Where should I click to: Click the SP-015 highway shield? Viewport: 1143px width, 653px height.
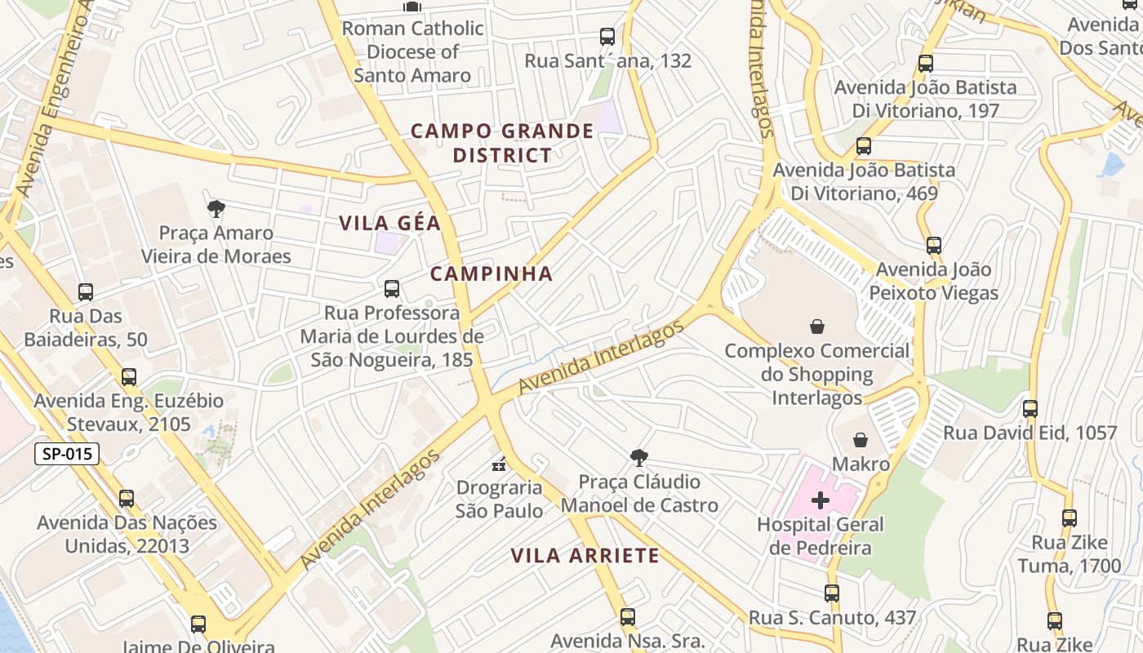[x=67, y=454]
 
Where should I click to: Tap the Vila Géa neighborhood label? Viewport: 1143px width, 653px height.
[x=389, y=223]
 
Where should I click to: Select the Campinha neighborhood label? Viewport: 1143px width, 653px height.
[x=491, y=273]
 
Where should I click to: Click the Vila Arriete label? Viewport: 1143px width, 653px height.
[x=585, y=556]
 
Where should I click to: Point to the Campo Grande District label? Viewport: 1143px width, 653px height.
[x=502, y=143]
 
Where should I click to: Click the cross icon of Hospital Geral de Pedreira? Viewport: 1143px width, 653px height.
[x=821, y=500]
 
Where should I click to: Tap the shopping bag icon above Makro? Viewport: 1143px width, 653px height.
[x=861, y=441]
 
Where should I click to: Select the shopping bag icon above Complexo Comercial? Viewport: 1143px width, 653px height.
[x=816, y=326]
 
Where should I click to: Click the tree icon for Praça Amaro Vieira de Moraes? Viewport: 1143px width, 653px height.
[x=216, y=209]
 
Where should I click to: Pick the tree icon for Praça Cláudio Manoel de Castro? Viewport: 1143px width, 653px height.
[x=639, y=458]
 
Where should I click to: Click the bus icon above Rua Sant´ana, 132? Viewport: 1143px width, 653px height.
[x=607, y=37]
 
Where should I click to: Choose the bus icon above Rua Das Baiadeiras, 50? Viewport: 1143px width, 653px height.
[x=86, y=291]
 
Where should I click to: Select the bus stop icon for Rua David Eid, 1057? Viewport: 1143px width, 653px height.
[x=1030, y=409]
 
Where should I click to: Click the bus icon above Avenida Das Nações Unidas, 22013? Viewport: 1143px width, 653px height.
[x=127, y=499]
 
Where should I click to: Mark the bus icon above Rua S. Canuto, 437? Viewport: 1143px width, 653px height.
[x=832, y=593]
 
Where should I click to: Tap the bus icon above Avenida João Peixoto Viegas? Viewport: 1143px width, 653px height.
[x=934, y=246]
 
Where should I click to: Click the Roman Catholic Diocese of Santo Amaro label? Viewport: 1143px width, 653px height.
[x=412, y=51]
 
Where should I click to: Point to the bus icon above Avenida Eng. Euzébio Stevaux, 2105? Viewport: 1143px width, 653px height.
[x=129, y=377]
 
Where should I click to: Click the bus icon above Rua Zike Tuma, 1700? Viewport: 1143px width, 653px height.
[x=1070, y=518]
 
